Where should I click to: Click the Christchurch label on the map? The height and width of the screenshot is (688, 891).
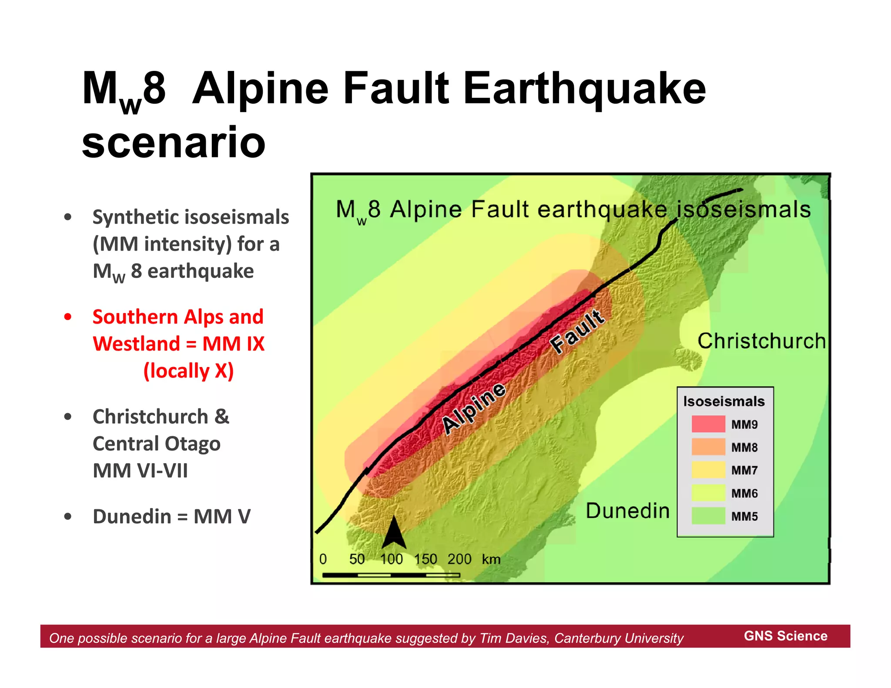pos(761,341)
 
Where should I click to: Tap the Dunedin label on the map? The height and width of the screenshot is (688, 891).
pos(627,511)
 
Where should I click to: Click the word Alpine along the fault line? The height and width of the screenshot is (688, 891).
pos(474,409)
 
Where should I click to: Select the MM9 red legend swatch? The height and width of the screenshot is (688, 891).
pos(708,424)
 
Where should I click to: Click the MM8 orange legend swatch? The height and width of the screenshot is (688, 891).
pos(708,447)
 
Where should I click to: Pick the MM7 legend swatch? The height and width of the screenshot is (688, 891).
pos(708,470)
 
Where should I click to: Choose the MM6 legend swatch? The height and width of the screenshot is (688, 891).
pos(708,493)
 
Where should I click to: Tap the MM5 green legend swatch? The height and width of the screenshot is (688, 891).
pos(708,516)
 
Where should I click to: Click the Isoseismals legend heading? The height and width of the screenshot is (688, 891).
pos(724,401)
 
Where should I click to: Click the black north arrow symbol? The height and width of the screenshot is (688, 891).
pos(394,533)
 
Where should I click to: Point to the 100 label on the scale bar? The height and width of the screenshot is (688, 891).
pos(391,559)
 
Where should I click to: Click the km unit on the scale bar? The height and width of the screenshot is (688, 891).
pos(491,559)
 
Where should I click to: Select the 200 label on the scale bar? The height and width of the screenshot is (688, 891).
pos(459,559)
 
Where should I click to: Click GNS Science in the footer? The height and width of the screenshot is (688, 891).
pos(786,636)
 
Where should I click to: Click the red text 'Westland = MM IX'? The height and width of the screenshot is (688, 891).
pos(178,344)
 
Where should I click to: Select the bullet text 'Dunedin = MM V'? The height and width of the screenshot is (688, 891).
pos(171,517)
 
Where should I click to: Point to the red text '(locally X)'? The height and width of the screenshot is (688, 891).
pos(188,371)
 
